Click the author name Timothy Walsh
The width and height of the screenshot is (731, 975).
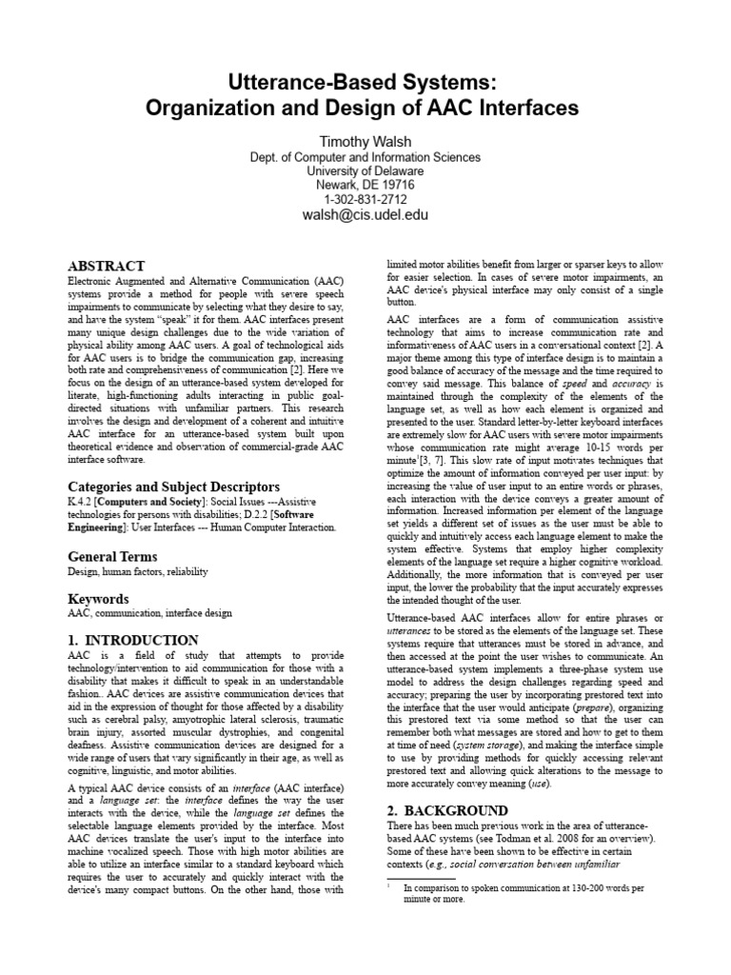pyautogui.click(x=365, y=141)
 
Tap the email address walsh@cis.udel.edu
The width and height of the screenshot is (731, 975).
pyautogui.click(x=365, y=215)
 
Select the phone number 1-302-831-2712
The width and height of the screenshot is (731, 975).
pyautogui.click(x=365, y=200)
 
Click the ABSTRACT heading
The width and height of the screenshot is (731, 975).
pyautogui.click(x=107, y=267)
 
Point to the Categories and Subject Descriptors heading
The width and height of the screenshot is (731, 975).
pyautogui.click(x=173, y=487)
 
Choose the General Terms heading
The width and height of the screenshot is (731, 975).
pyautogui.click(x=112, y=556)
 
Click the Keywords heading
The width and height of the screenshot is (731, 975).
pyautogui.click(x=98, y=599)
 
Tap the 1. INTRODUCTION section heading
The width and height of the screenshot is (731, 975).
pyautogui.click(x=133, y=641)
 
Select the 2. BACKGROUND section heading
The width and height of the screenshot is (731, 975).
pyautogui.click(x=447, y=810)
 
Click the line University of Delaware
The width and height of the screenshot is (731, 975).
pyautogui.click(x=365, y=171)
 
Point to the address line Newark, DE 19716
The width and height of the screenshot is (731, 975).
pyautogui.click(x=365, y=186)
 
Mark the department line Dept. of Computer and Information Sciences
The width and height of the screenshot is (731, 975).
pyautogui.click(x=365, y=157)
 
